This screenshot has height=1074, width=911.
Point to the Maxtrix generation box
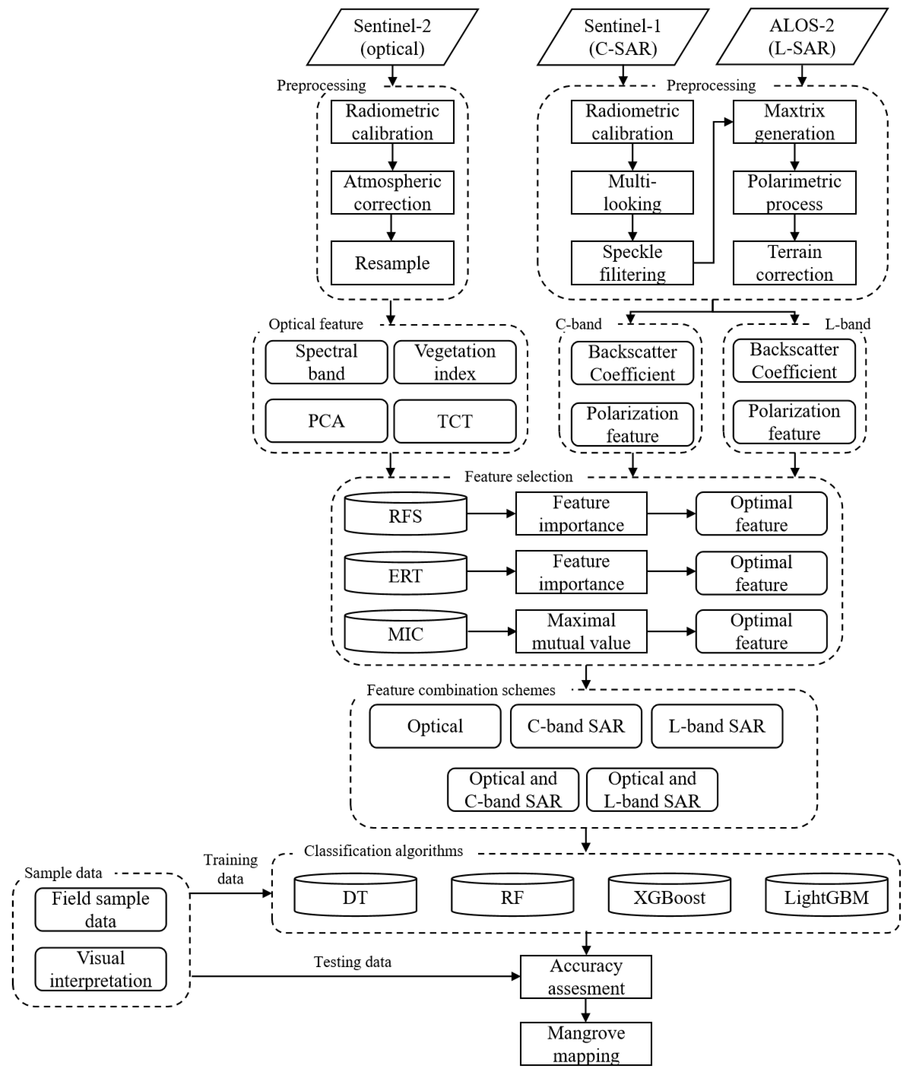(x=794, y=122)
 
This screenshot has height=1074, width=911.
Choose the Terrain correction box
(x=794, y=263)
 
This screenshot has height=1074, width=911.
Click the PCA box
(x=327, y=421)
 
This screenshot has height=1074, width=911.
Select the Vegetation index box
(x=455, y=362)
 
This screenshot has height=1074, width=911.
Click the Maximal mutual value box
(x=581, y=631)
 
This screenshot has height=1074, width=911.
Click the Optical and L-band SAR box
(x=652, y=790)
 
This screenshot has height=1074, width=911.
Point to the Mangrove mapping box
(x=586, y=1044)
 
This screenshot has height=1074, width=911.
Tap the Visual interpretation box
(x=101, y=969)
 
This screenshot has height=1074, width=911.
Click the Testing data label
(x=353, y=962)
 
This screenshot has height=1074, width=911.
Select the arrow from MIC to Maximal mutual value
(x=491, y=631)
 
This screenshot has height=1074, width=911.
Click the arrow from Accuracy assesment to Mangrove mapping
(x=586, y=1010)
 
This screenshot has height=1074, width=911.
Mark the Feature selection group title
(x=518, y=476)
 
